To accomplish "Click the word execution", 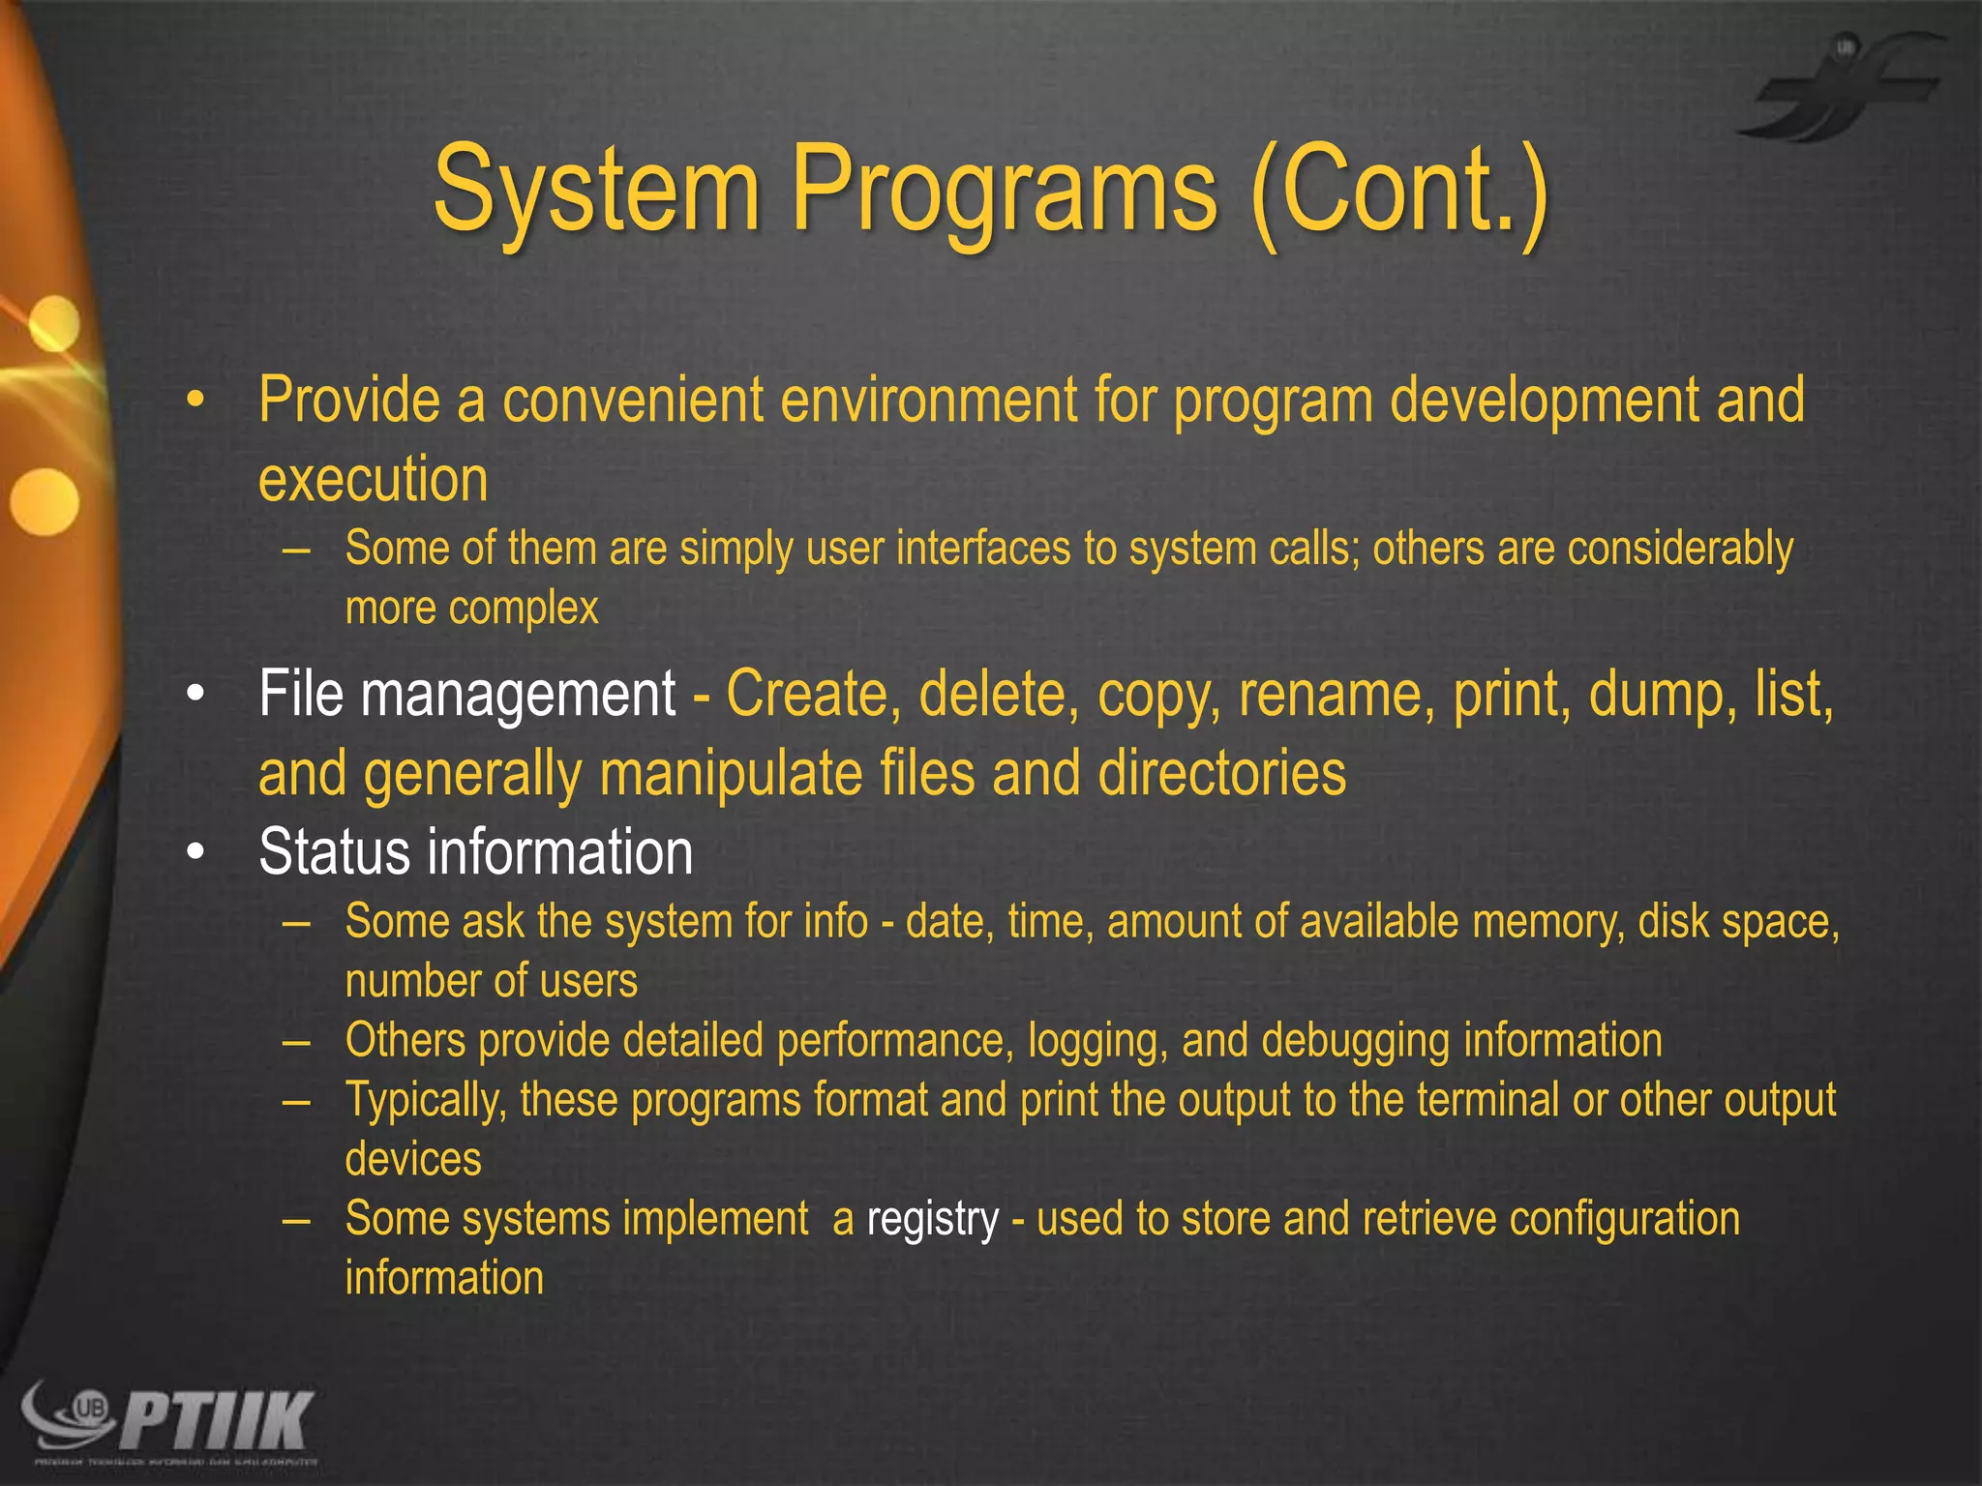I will tap(373, 480).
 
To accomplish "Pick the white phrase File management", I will tap(466, 695).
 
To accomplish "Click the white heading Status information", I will tap(475, 852).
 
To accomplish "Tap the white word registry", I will tap(932, 1219).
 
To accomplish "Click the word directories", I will tap(1221, 774).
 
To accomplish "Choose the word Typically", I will tap(426, 1101).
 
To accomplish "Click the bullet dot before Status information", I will tap(196, 853).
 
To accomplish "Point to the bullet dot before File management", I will tap(196, 696).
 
